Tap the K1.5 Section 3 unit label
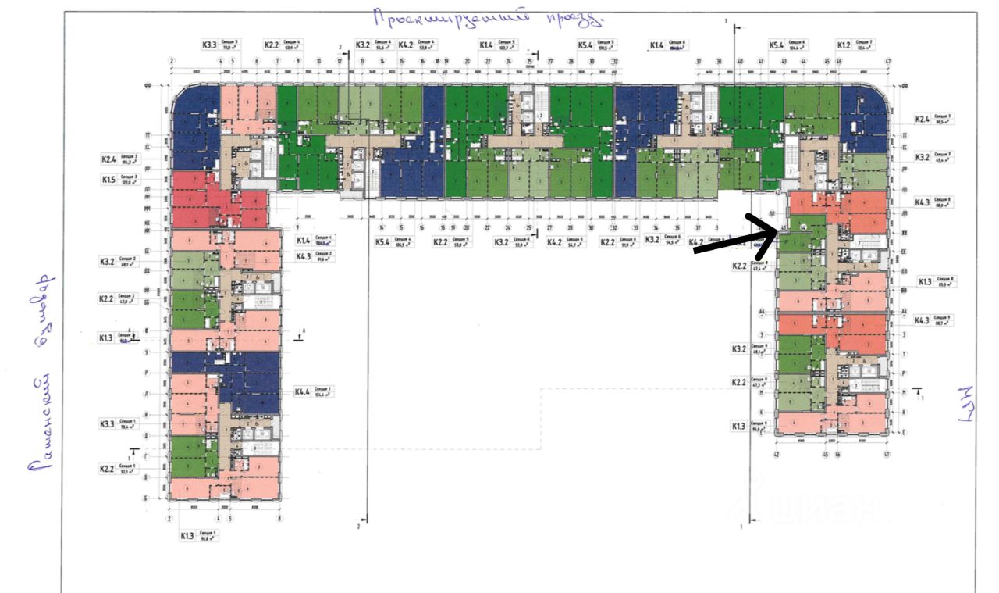pyautogui.click(x=119, y=179)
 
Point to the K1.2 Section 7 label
pyautogui.click(x=855, y=45)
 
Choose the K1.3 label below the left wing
pyautogui.click(x=196, y=536)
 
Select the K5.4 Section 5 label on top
pyautogui.click(x=597, y=45)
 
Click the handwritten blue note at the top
pyautogui.click(x=488, y=17)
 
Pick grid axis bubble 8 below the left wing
pyautogui.click(x=279, y=518)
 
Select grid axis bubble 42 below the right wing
pyautogui.click(x=777, y=453)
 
